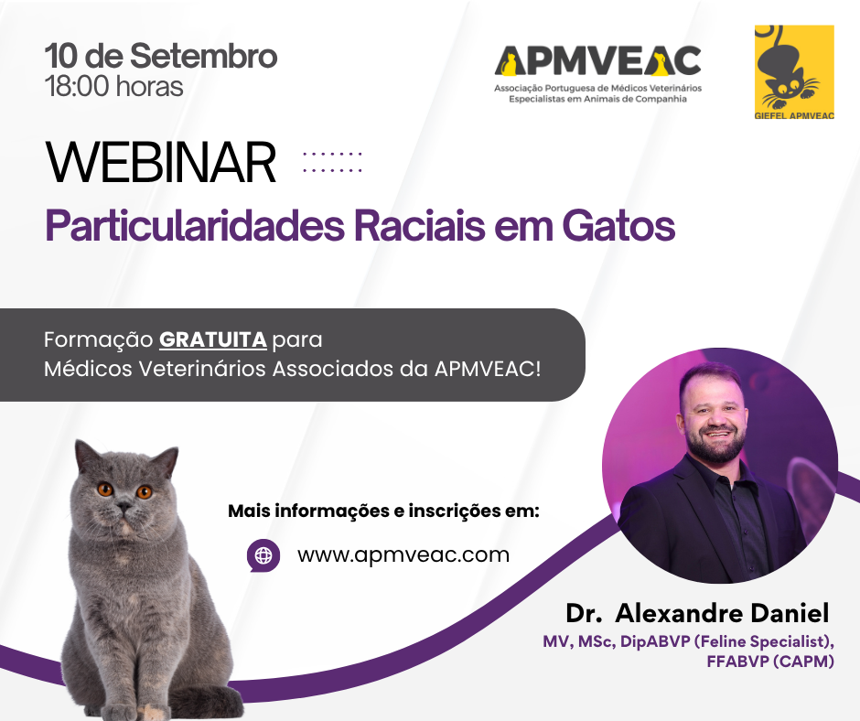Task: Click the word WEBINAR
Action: [161, 163]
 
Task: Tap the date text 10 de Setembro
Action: [161, 56]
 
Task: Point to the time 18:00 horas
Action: [114, 87]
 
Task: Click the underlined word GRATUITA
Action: [213, 339]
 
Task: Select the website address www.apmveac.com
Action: [403, 554]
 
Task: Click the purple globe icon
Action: [263, 555]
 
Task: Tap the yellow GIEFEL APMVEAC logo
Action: [794, 72]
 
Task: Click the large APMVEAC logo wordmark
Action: [597, 60]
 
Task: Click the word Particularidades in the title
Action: [195, 225]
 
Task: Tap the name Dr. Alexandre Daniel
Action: [697, 613]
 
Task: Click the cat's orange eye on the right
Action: [145, 491]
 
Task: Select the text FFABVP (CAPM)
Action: [770, 662]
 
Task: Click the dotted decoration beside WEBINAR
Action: [332, 163]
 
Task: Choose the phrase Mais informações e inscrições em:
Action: [384, 511]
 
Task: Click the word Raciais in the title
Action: [420, 225]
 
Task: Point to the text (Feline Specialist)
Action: [765, 641]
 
